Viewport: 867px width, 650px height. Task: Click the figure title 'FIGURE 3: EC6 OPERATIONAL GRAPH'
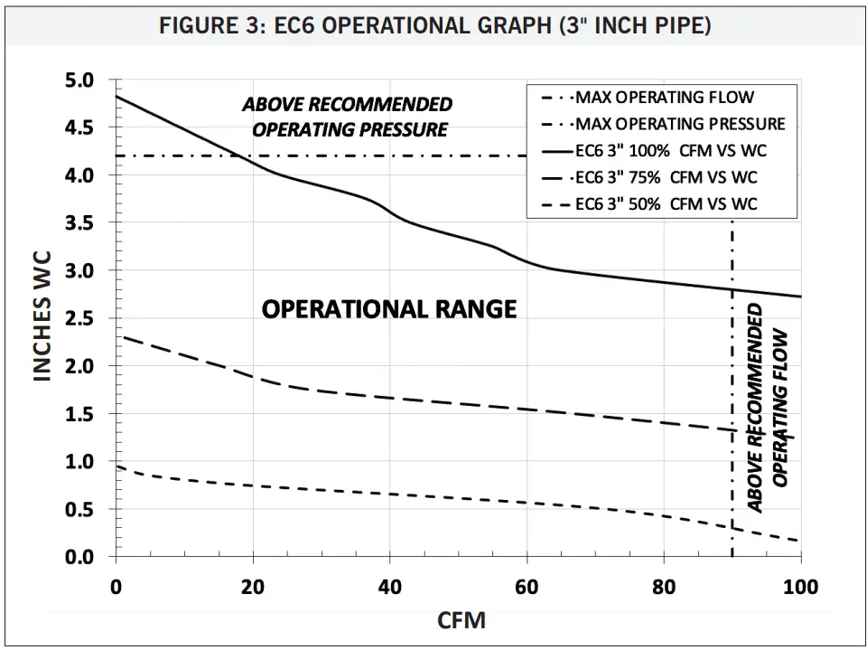(434, 25)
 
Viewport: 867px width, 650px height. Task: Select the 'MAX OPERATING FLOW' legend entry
(664, 97)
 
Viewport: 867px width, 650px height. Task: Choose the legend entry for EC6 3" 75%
(662, 177)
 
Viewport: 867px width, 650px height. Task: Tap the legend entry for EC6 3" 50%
(662, 204)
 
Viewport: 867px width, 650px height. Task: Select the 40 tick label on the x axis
(390, 588)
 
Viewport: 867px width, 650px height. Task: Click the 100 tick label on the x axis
(800, 588)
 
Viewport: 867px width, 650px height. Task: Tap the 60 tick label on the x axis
(527, 588)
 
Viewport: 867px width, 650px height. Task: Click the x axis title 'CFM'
(461, 621)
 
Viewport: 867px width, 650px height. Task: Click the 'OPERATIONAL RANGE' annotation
(389, 309)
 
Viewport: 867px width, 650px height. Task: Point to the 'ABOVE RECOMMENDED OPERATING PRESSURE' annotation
(348, 117)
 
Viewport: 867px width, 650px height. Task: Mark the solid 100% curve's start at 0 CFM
(117, 96)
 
